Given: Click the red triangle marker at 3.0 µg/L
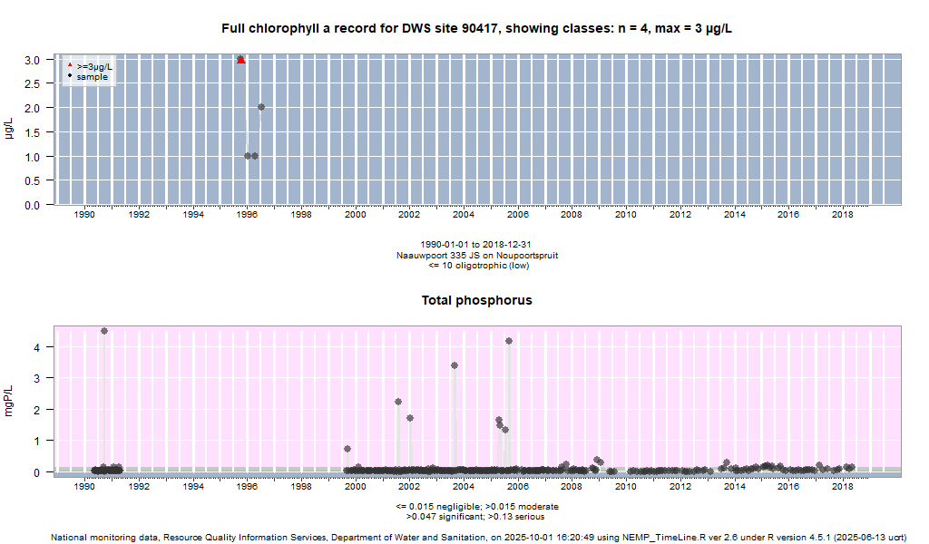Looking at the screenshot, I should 240,60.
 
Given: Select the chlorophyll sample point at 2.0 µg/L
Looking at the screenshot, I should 261,107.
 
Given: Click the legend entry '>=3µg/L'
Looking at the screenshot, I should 94,66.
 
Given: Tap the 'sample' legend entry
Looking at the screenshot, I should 92,77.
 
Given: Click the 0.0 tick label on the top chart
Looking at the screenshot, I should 31,205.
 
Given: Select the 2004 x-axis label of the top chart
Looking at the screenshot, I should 464,215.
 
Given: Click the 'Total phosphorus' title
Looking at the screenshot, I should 476,300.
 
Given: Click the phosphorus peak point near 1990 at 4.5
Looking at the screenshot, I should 104,332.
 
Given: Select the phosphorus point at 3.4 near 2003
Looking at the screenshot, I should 455,365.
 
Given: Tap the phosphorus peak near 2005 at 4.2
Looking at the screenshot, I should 509,341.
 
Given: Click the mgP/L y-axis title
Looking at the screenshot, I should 9,399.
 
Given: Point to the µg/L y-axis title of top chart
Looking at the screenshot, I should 9,130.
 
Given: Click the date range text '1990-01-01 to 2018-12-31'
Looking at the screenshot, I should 476,245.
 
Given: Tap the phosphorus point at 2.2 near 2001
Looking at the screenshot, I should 398,402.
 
